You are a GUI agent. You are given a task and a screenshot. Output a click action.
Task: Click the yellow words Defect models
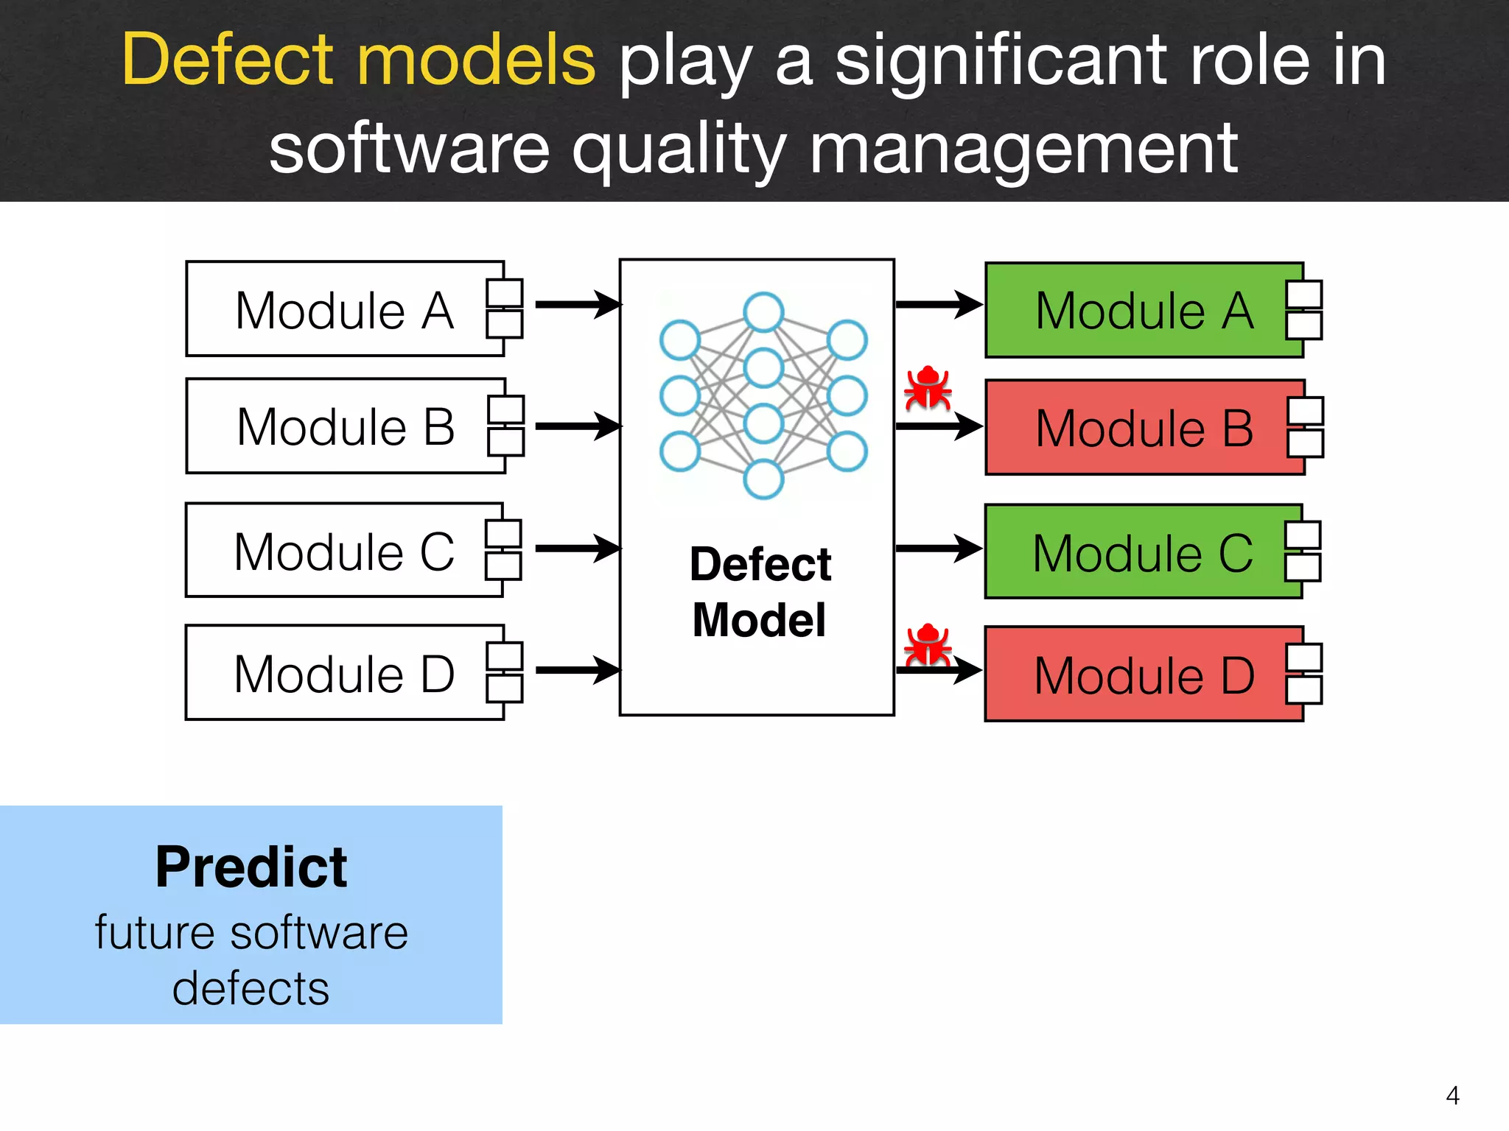(359, 60)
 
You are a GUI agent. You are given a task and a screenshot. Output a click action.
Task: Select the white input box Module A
(345, 309)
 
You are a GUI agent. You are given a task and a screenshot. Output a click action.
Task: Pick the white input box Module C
(344, 551)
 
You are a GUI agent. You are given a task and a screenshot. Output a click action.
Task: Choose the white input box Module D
(344, 673)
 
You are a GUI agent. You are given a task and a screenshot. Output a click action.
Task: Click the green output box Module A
(1144, 311)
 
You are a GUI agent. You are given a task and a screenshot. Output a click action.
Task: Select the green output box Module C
(1142, 552)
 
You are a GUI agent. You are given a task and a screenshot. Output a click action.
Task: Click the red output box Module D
(1144, 674)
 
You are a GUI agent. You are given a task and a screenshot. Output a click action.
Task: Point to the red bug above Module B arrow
(928, 387)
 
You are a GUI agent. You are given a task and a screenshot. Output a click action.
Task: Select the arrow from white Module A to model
(578, 304)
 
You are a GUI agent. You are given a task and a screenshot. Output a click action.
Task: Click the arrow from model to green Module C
(939, 549)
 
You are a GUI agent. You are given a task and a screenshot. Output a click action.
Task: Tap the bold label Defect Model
(760, 592)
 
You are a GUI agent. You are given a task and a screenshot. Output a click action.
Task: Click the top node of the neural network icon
(763, 311)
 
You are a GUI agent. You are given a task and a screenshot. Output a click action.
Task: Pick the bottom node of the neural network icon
(763, 479)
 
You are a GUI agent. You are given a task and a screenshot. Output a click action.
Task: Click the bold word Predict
(251, 867)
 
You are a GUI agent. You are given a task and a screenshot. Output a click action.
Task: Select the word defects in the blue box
(251, 988)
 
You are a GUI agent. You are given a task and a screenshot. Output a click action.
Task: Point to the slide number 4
(1452, 1096)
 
